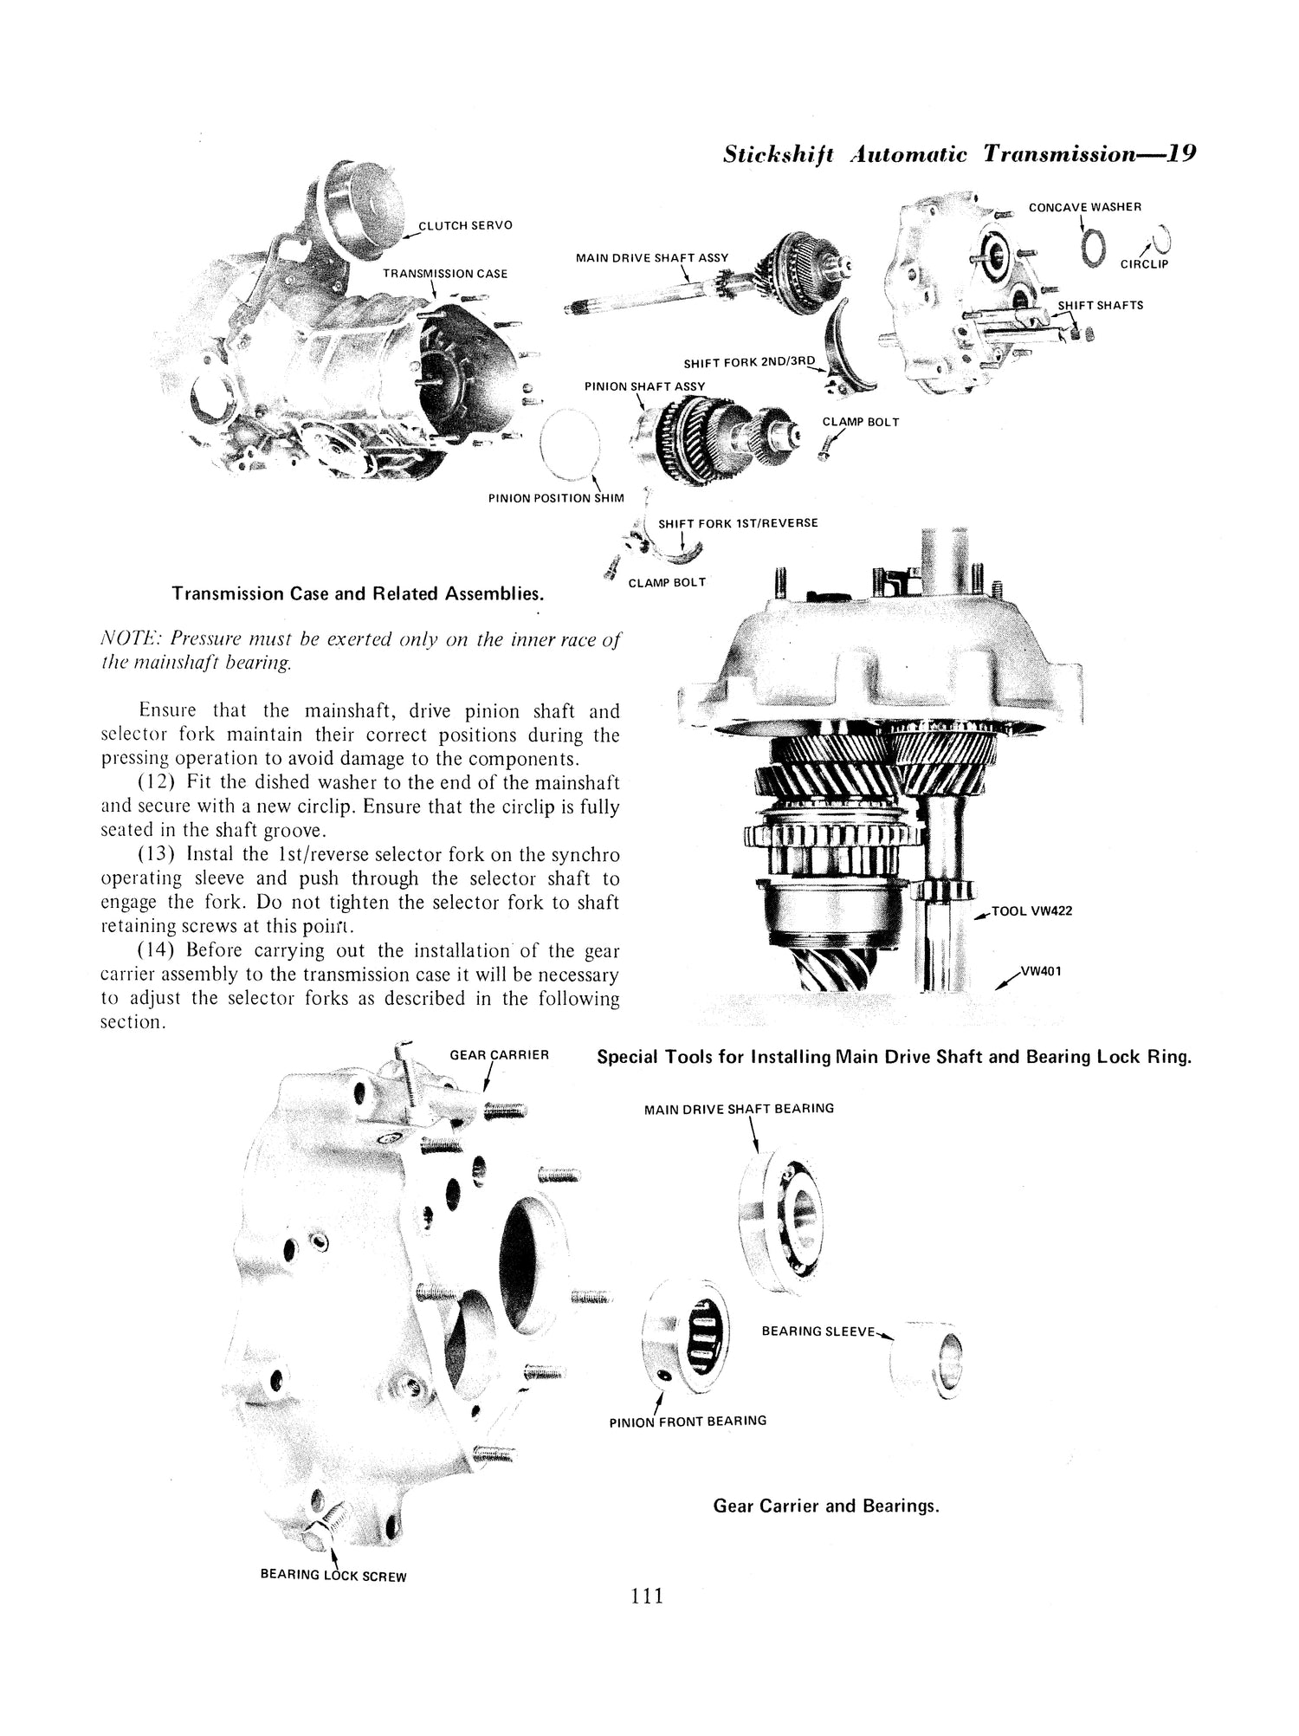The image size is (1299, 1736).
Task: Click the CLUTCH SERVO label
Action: click(x=465, y=225)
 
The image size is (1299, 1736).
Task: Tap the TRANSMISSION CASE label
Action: click(x=445, y=274)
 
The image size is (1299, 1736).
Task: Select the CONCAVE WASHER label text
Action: click(x=1084, y=207)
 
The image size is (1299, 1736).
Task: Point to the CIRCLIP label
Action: click(x=1144, y=264)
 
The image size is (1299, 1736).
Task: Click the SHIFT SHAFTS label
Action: click(x=1100, y=305)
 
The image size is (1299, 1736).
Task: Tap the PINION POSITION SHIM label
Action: click(x=555, y=499)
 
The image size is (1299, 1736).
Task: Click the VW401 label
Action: click(x=1041, y=970)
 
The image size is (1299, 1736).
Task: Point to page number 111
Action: click(x=647, y=1596)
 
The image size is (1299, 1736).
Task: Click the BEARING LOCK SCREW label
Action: click(x=333, y=1576)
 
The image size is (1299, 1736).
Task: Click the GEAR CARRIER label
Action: click(x=500, y=1055)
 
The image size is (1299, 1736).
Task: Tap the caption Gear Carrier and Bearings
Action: click(x=825, y=1506)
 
